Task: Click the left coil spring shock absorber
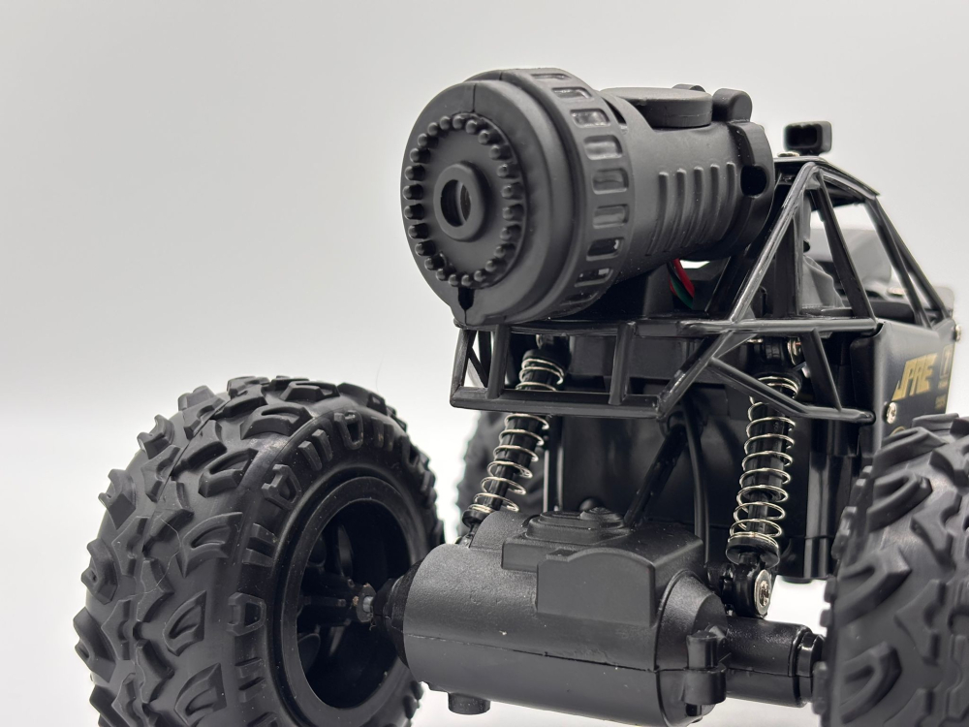pyautogui.click(x=514, y=436)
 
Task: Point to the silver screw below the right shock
pyautogui.click(x=763, y=590)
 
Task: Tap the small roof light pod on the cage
pyautogui.click(x=807, y=137)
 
